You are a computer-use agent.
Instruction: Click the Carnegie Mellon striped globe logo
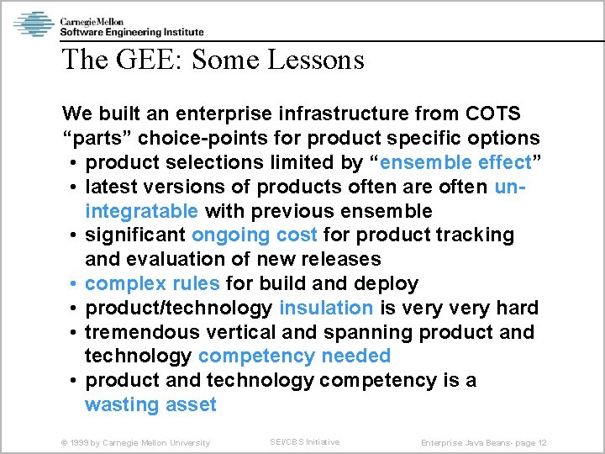tap(34, 24)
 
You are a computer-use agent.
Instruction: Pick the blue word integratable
tap(142, 210)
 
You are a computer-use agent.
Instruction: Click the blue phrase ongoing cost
tap(255, 235)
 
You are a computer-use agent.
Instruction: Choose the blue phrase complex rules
tap(152, 283)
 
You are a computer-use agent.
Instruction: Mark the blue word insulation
tap(326, 308)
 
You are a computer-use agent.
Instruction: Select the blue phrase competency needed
tap(294, 356)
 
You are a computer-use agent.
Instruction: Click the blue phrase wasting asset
tap(150, 404)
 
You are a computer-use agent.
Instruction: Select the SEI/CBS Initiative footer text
tap(304, 441)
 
